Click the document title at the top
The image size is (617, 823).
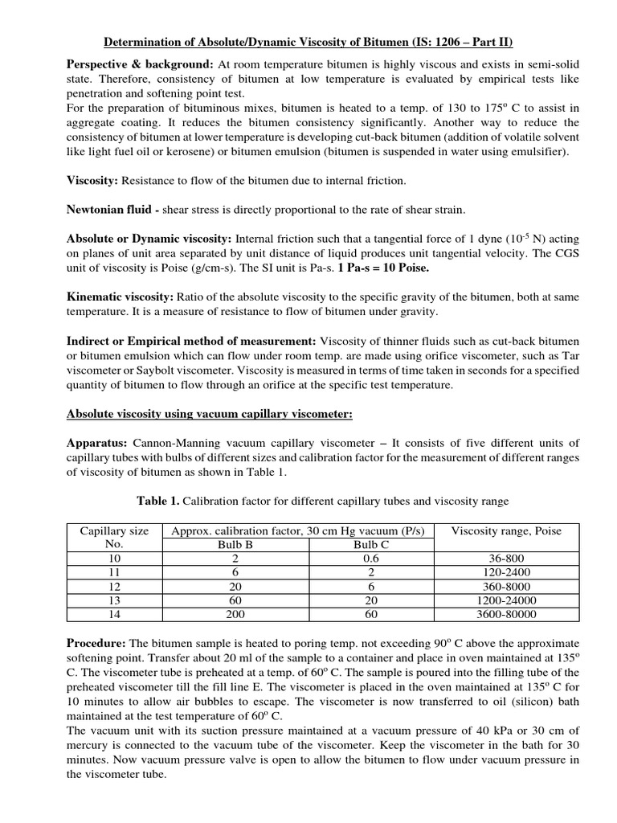pyautogui.click(x=309, y=42)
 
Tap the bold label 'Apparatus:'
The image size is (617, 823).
pyautogui.click(x=96, y=443)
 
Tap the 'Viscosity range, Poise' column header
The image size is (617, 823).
pyautogui.click(x=506, y=530)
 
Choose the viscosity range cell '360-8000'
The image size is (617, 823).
pyautogui.click(x=506, y=586)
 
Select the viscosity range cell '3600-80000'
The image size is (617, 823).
pyautogui.click(x=506, y=614)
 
